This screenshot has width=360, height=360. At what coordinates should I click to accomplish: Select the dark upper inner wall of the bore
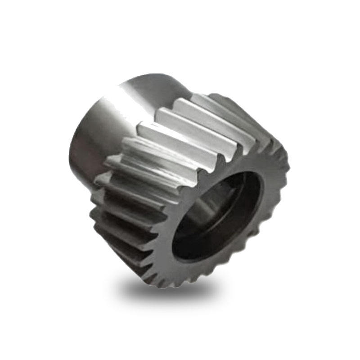point(229,180)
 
